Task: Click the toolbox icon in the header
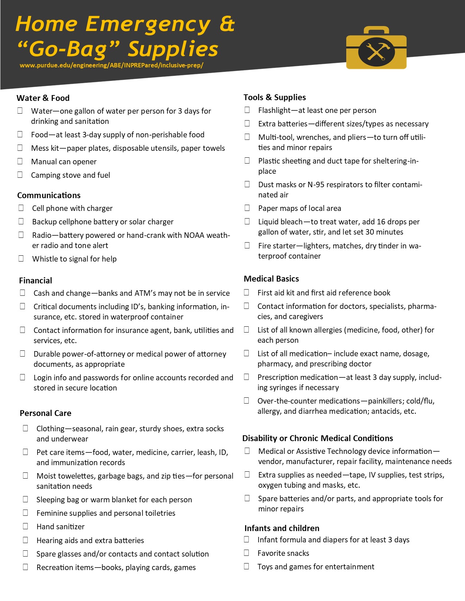point(376,48)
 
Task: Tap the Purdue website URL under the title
point(111,66)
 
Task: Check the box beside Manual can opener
point(20,161)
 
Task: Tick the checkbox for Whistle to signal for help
point(21,258)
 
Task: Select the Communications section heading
point(49,195)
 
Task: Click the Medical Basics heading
point(271,279)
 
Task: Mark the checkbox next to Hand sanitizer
point(26,526)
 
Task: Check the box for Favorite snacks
point(247,553)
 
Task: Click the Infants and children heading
point(282,528)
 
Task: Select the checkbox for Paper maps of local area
point(247,208)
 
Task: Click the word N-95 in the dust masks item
point(320,185)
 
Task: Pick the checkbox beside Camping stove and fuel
point(20,174)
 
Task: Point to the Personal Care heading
point(46,413)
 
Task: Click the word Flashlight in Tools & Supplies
point(274,110)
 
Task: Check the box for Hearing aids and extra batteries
point(26,539)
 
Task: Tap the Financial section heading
point(35,280)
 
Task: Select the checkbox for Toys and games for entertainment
point(247,566)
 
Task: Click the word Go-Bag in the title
point(67,49)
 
